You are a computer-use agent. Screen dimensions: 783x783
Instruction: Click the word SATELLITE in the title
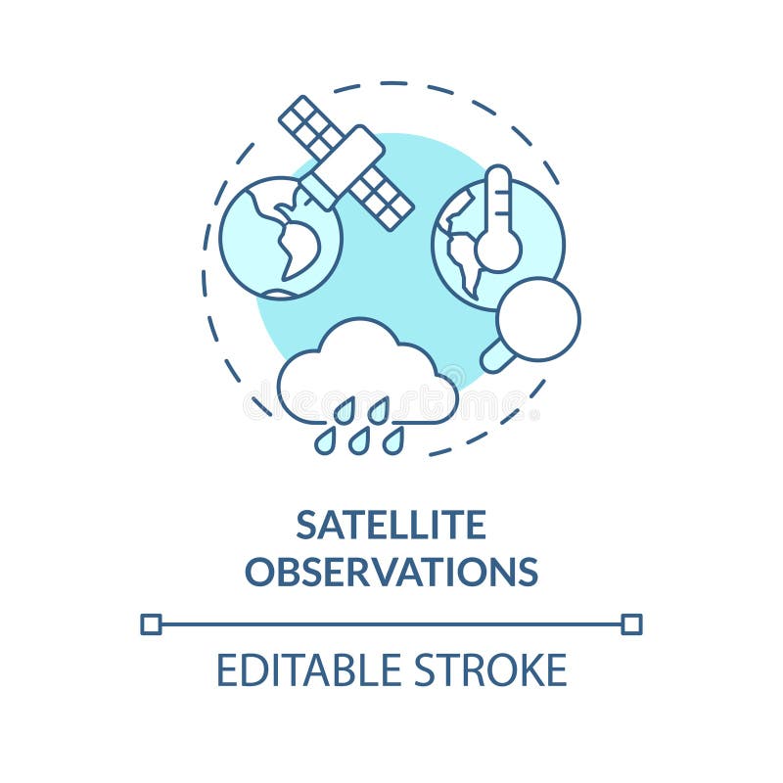point(391,526)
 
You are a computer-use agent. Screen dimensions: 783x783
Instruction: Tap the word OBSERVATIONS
point(391,571)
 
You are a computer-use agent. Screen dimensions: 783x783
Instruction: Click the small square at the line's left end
point(151,623)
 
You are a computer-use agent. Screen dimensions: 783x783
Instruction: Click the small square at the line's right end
point(631,623)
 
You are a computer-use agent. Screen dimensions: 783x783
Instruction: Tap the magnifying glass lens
point(538,319)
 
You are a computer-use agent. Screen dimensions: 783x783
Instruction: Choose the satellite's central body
point(343,161)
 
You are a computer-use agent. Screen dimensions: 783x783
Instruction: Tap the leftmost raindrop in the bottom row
point(325,442)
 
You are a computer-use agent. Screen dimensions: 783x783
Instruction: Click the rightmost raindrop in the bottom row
point(392,442)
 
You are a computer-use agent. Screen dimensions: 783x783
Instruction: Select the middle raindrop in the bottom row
point(359,442)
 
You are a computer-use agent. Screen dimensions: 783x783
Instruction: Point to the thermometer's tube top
point(498,181)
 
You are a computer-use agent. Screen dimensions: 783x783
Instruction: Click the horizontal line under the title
point(391,623)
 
